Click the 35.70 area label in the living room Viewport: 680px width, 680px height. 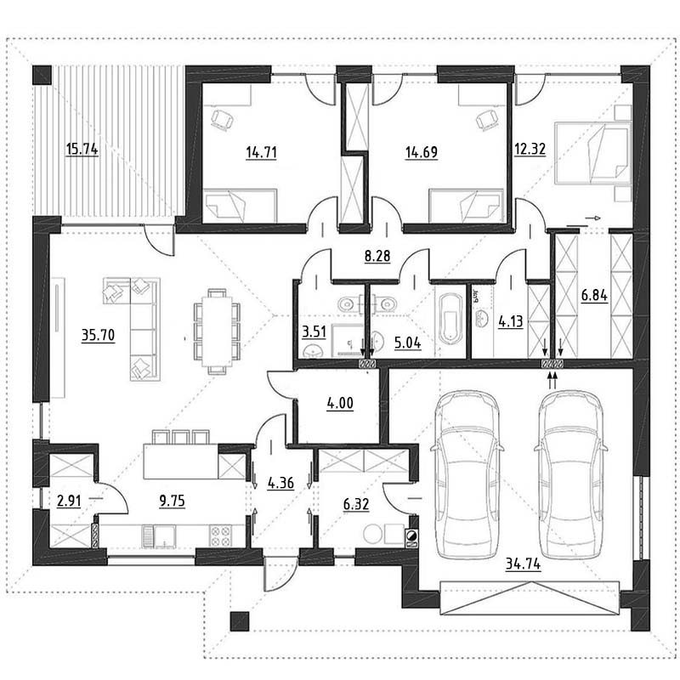pos(99,335)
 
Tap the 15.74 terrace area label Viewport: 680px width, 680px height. pos(82,150)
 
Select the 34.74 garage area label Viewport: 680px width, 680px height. pos(523,564)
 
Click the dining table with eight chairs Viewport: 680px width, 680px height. pos(217,331)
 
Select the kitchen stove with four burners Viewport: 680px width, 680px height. pos(221,535)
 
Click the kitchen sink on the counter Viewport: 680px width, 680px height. pos(159,536)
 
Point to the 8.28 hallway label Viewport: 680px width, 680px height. pos(377,256)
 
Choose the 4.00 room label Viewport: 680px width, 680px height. pos(340,403)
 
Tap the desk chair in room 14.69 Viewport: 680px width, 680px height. pos(487,119)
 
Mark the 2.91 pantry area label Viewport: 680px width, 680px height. pos(69,501)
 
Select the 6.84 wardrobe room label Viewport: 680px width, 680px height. pos(594,296)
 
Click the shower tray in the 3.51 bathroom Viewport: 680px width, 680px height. pos(348,341)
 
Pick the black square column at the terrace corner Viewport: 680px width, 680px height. pos(42,74)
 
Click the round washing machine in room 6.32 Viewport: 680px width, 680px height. pos(373,534)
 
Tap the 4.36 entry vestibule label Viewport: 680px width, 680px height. pos(280,483)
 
